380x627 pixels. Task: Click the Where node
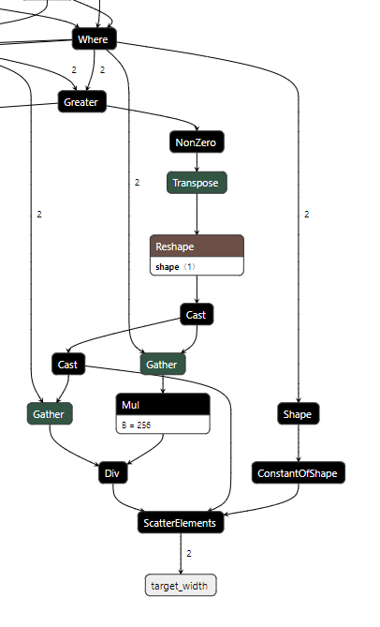pyautogui.click(x=94, y=38)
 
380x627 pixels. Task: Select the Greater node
pyautogui.click(x=81, y=102)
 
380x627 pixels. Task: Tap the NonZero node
pyautogui.click(x=197, y=142)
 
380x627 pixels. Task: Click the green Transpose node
pyautogui.click(x=197, y=183)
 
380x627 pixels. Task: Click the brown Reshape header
pyautogui.click(x=197, y=246)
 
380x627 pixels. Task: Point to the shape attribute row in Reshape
pyautogui.click(x=197, y=266)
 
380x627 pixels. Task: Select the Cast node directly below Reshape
pyautogui.click(x=197, y=315)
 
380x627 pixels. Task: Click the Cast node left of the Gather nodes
pyautogui.click(x=67, y=364)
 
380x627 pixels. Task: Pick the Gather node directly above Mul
pyautogui.click(x=163, y=364)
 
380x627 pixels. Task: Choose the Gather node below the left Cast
pyautogui.click(x=49, y=412)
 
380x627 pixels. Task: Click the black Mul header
pyautogui.click(x=163, y=404)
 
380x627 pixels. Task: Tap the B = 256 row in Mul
pyautogui.click(x=163, y=424)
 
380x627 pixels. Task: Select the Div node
pyautogui.click(x=111, y=473)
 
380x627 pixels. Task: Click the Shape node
pyautogui.click(x=299, y=412)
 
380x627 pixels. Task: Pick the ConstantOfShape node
pyautogui.click(x=299, y=473)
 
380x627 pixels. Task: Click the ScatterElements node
pyautogui.click(x=182, y=523)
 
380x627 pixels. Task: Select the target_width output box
pyautogui.click(x=182, y=586)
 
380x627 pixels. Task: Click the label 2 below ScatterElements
pyautogui.click(x=189, y=554)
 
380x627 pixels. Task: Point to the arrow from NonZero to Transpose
pyautogui.click(x=197, y=162)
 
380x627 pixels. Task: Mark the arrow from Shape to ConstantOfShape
pyautogui.click(x=299, y=442)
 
